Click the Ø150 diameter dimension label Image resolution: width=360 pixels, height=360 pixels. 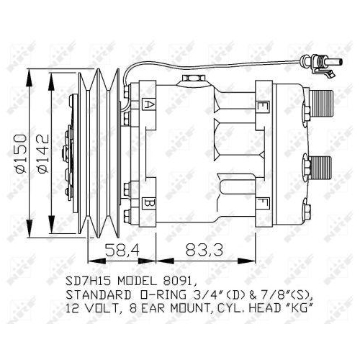click(x=27, y=148)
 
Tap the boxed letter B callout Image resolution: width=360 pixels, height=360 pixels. click(x=149, y=203)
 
